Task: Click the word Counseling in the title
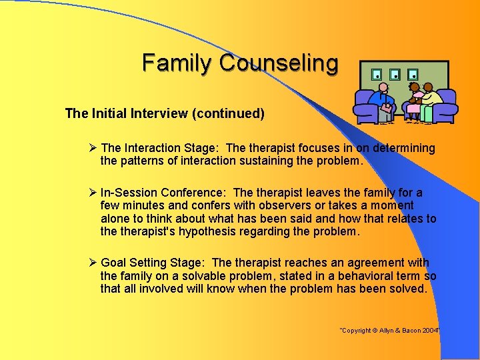pyautogui.click(x=279, y=63)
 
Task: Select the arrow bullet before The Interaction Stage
pyautogui.click(x=93, y=148)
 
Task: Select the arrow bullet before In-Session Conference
pyautogui.click(x=93, y=193)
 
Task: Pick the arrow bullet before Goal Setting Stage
pyautogui.click(x=93, y=263)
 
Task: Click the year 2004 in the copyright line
pyautogui.click(x=431, y=331)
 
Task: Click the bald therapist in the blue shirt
pyautogui.click(x=383, y=100)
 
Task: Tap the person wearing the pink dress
pyautogui.click(x=415, y=100)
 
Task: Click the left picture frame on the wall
pyautogui.click(x=377, y=74)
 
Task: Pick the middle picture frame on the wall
pyautogui.click(x=395, y=74)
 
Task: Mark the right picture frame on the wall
pyautogui.click(x=413, y=74)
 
